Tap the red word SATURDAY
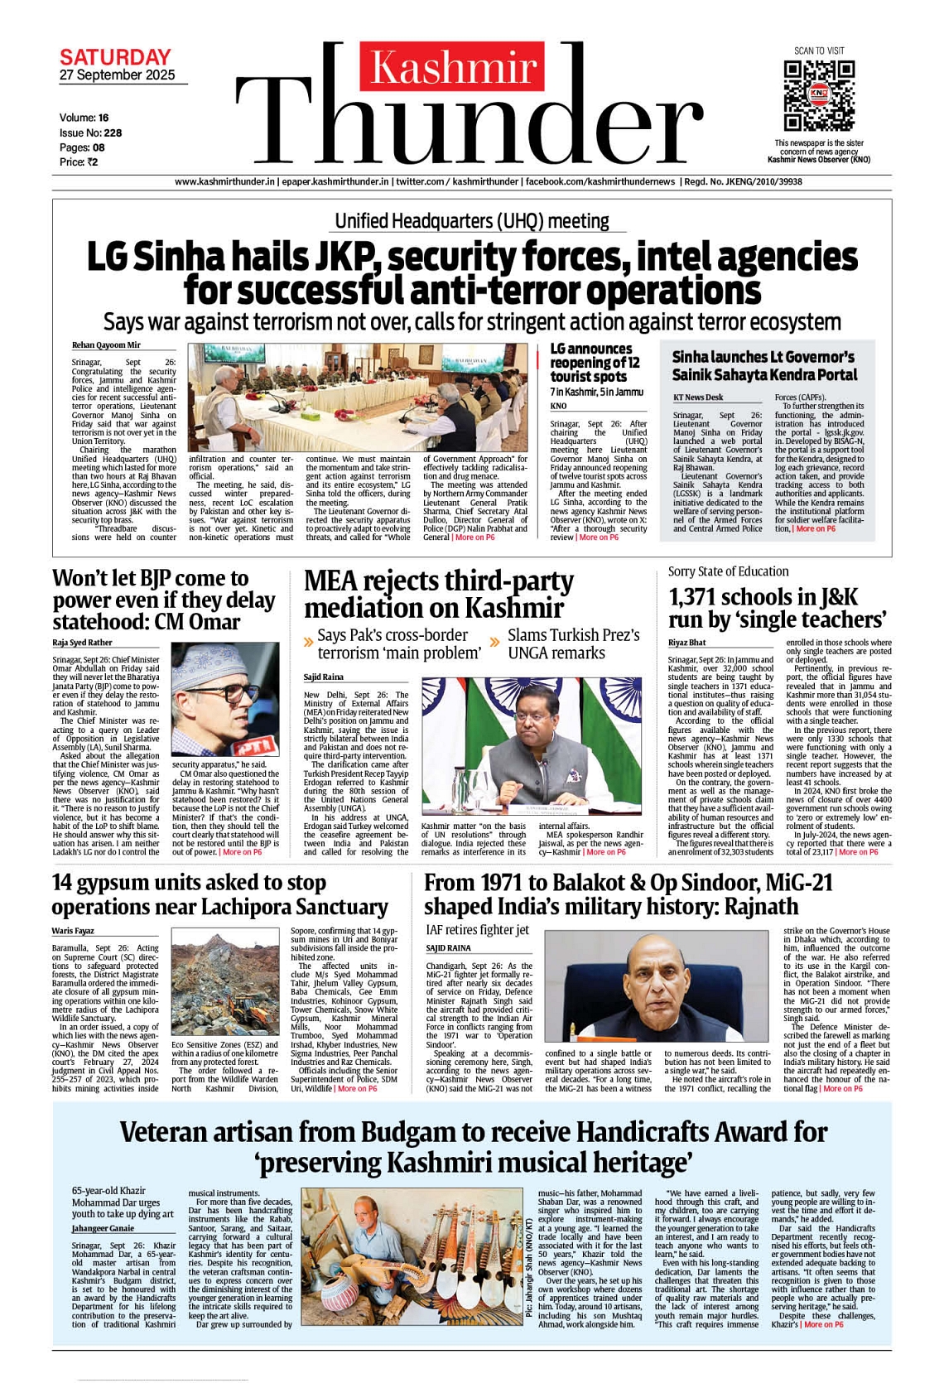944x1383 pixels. (115, 57)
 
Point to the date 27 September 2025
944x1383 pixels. (118, 75)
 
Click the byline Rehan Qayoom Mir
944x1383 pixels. (106, 345)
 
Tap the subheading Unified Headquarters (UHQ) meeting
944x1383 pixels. (471, 221)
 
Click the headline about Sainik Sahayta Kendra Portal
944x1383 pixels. (763, 366)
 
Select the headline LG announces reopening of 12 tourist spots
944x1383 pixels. (595, 363)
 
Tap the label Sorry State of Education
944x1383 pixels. (728, 571)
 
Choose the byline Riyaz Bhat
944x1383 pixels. (687, 643)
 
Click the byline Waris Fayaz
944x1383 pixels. (73, 931)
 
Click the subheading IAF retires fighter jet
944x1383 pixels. (477, 930)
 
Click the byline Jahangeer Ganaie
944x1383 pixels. (103, 1228)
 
